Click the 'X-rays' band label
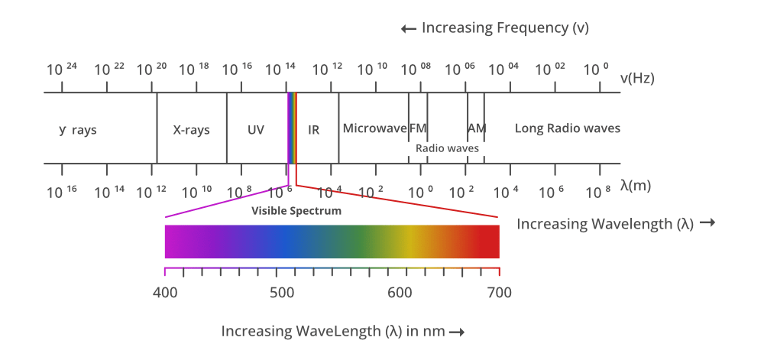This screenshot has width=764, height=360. click(x=191, y=129)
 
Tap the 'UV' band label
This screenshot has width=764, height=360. click(x=256, y=129)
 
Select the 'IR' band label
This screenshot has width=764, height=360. click(x=313, y=129)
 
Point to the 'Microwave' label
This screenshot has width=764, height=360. click(x=374, y=128)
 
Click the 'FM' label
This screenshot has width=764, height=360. click(x=418, y=128)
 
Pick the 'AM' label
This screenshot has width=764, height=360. click(x=477, y=128)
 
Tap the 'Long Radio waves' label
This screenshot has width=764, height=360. click(x=567, y=128)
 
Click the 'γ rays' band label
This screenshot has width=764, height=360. click(x=78, y=129)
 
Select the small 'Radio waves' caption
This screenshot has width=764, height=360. click(x=447, y=148)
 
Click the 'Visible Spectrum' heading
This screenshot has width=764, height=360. click(x=296, y=210)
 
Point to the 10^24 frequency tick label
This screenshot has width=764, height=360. click(x=62, y=70)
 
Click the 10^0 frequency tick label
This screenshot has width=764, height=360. click(x=595, y=70)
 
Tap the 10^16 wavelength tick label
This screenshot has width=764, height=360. click(x=62, y=192)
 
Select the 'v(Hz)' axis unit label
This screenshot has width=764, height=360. click(x=637, y=78)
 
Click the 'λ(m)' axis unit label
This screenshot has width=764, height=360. click(x=636, y=185)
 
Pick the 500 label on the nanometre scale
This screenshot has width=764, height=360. click(x=281, y=292)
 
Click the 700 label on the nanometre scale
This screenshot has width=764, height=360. click(x=499, y=292)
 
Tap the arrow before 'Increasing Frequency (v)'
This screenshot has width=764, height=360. click(x=408, y=29)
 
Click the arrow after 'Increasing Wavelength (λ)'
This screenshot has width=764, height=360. click(x=707, y=223)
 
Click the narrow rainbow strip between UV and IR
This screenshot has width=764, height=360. click(x=292, y=128)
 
